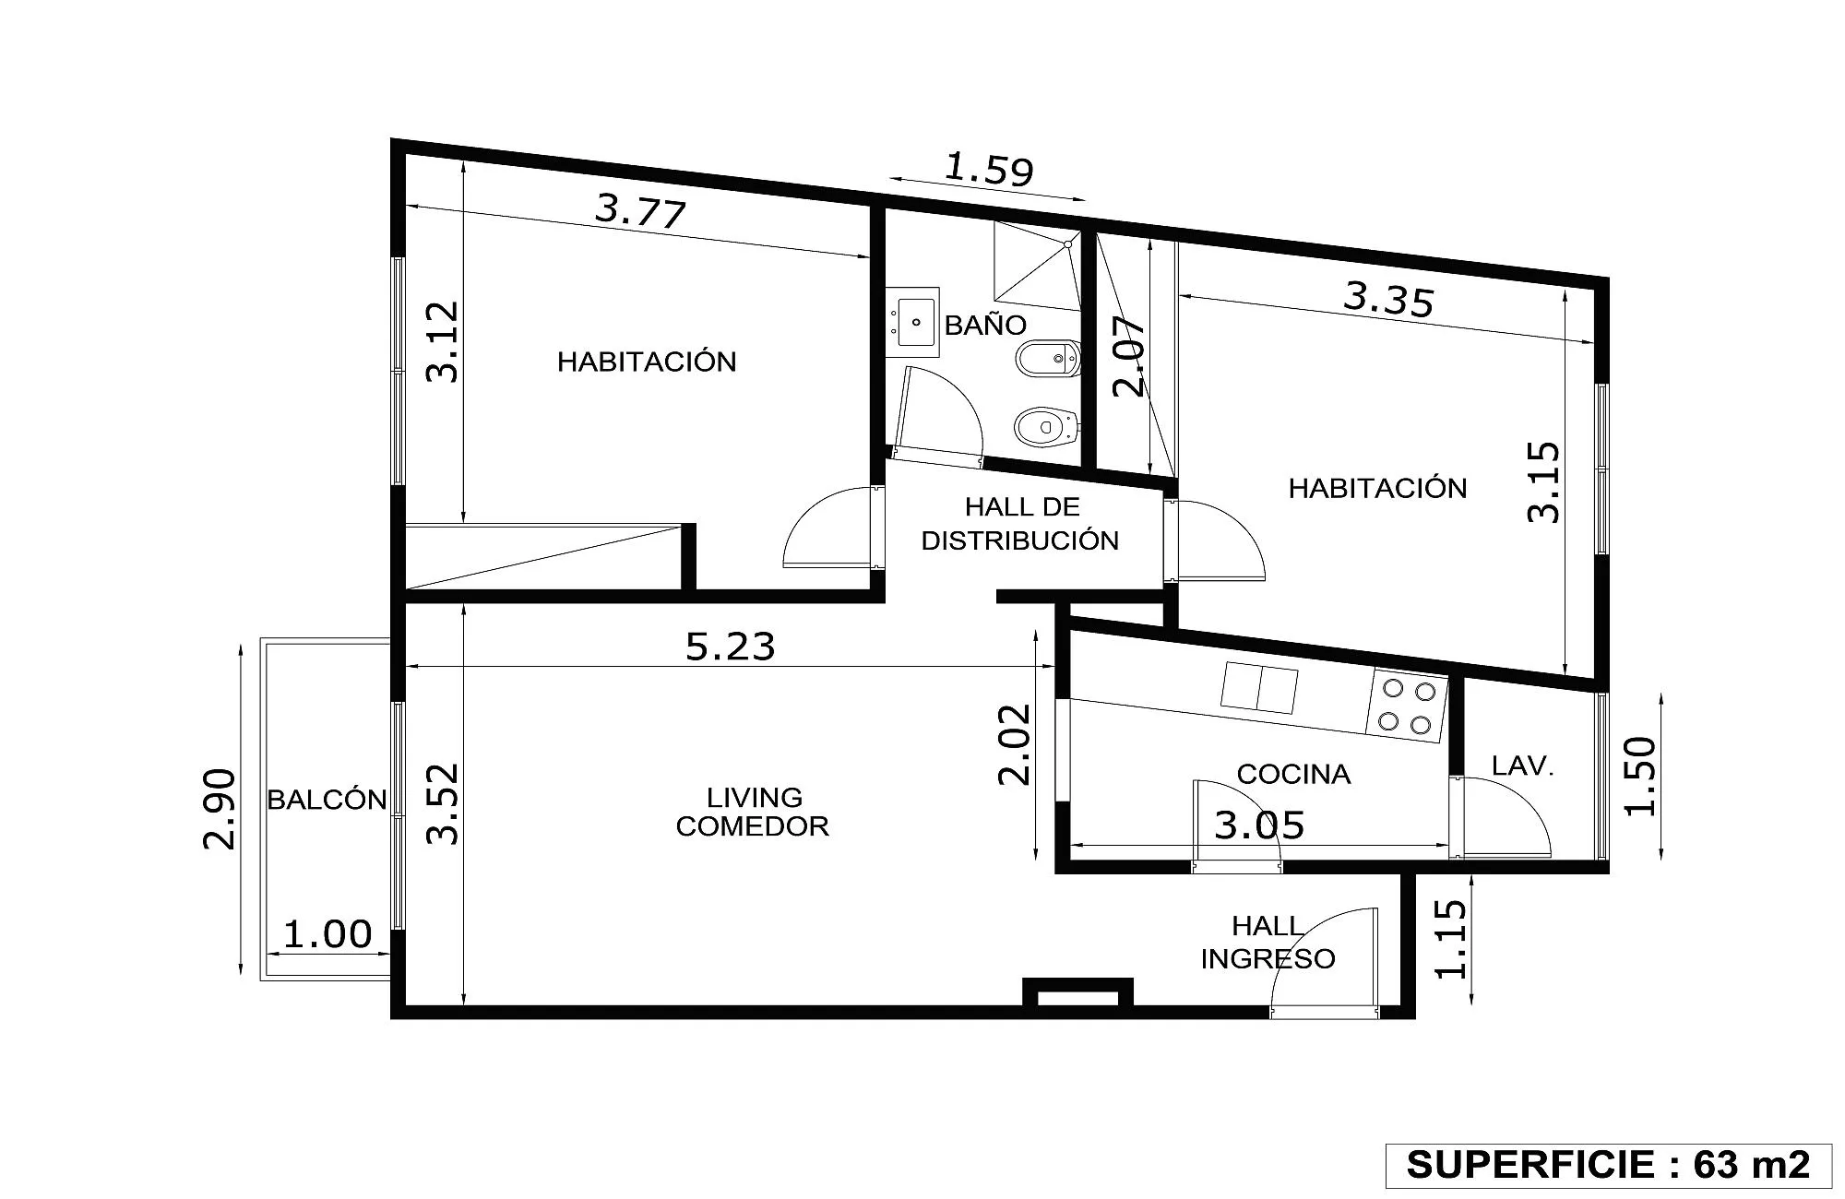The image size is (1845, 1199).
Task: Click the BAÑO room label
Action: tap(985, 325)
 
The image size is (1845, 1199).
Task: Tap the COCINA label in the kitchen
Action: tap(1293, 774)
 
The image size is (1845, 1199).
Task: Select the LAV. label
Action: tap(1523, 766)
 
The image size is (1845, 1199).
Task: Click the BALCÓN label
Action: tap(327, 799)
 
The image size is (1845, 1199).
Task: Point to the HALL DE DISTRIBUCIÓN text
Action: tap(1020, 524)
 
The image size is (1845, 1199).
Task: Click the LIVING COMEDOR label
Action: tap(753, 812)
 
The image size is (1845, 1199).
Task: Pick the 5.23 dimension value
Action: tap(730, 647)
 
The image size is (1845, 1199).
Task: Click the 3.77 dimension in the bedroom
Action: tap(640, 210)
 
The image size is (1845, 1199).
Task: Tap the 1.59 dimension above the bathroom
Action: tap(989, 170)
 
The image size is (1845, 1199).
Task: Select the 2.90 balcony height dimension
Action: tap(220, 809)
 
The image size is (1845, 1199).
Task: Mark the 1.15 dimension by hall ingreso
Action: tap(1451, 939)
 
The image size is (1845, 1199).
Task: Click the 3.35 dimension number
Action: tap(1389, 300)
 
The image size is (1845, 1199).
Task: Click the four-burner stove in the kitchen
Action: tap(1407, 706)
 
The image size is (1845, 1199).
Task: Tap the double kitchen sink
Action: tap(1259, 688)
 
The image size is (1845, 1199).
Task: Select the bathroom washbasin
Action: tap(912, 322)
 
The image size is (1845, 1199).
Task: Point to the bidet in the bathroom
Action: tap(1048, 358)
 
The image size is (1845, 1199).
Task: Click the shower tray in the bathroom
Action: tap(1036, 265)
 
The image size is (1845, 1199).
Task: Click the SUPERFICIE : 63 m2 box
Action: tap(1608, 1165)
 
